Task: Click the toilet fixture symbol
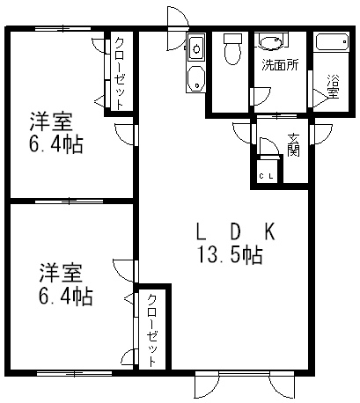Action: pyautogui.click(x=232, y=48)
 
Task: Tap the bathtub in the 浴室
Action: pyautogui.click(x=333, y=43)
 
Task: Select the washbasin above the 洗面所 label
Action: pyautogui.click(x=271, y=41)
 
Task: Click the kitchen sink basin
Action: pyautogui.click(x=196, y=48)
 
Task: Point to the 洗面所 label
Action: pyautogui.click(x=280, y=65)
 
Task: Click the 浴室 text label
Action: pyautogui.click(x=333, y=87)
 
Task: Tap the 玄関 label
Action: pyautogui.click(x=293, y=145)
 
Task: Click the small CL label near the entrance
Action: pyautogui.click(x=267, y=176)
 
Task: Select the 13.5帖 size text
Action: pyautogui.click(x=230, y=254)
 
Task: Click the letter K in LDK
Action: pyautogui.click(x=270, y=231)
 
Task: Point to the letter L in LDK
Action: pyautogui.click(x=201, y=231)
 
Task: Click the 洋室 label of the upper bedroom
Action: pyautogui.click(x=51, y=121)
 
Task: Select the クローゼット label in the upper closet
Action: pyautogui.click(x=119, y=73)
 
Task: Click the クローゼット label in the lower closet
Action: pyautogui.click(x=151, y=330)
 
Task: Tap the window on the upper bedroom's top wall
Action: pyautogui.click(x=63, y=29)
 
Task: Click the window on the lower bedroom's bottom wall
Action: pyautogui.click(x=74, y=373)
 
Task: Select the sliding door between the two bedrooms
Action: pyautogui.click(x=70, y=201)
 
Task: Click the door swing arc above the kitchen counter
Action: pyautogui.click(x=177, y=29)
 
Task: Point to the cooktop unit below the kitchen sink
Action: pyautogui.click(x=196, y=78)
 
